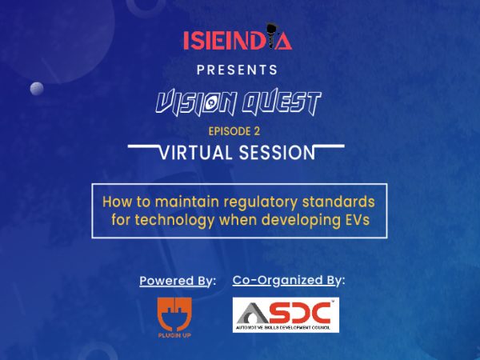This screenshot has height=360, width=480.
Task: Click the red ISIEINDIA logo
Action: click(x=238, y=38)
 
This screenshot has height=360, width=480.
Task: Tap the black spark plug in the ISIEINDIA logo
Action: click(x=271, y=36)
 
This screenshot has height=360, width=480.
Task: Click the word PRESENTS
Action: click(x=238, y=70)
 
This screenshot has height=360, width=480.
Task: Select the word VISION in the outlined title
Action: click(x=196, y=102)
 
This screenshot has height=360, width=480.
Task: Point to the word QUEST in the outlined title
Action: click(x=282, y=102)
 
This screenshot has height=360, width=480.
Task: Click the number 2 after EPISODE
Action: click(x=257, y=131)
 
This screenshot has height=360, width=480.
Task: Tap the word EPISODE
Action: click(x=230, y=131)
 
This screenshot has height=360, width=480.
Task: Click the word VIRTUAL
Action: click(x=196, y=153)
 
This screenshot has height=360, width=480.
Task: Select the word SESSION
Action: click(x=277, y=153)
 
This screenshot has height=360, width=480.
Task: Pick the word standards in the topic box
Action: click(x=338, y=202)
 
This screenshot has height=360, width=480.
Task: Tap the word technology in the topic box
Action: click(x=174, y=221)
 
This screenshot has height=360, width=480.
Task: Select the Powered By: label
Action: click(x=178, y=281)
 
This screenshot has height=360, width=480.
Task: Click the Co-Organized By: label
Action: click(x=289, y=281)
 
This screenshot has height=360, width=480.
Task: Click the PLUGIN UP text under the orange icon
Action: click(x=174, y=335)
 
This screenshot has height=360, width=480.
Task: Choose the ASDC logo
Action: click(x=286, y=315)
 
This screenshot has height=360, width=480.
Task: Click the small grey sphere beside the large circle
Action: click(x=37, y=89)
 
